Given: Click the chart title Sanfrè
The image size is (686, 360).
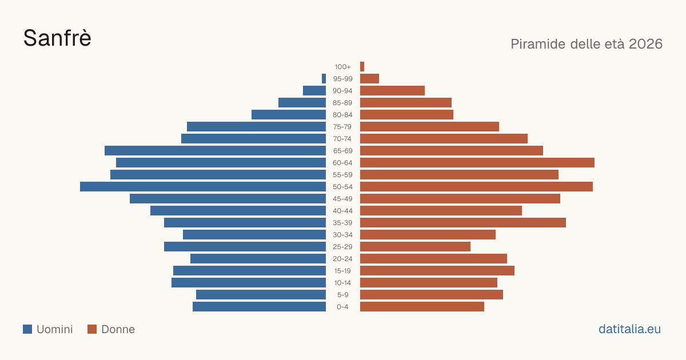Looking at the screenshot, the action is pyautogui.click(x=57, y=38).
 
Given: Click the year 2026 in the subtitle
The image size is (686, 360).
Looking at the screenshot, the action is pyautogui.click(x=645, y=44).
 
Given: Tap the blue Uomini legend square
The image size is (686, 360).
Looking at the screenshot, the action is pyautogui.click(x=27, y=329).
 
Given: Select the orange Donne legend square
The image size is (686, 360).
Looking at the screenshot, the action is pyautogui.click(x=92, y=329).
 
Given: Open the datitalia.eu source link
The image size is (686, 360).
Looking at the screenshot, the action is pyautogui.click(x=629, y=329).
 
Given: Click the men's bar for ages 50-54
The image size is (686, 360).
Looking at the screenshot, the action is pyautogui.click(x=203, y=187).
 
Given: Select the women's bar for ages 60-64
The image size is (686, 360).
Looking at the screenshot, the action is pyautogui.click(x=477, y=162).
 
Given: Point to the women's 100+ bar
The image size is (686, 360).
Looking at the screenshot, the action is pyautogui.click(x=362, y=67).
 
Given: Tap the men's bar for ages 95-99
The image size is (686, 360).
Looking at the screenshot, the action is pyautogui.click(x=324, y=79).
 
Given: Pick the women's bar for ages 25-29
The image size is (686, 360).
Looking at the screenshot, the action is pyautogui.click(x=415, y=247).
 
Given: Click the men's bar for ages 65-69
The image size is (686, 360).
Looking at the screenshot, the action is pyautogui.click(x=216, y=151).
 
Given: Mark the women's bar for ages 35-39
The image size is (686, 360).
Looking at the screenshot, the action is pyautogui.click(x=463, y=222).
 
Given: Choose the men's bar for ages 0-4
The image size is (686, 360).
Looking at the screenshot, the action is pyautogui.click(x=259, y=307).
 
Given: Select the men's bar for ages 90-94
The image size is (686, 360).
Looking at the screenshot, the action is pyautogui.click(x=314, y=91).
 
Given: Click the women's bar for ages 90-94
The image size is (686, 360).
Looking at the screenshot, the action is pyautogui.click(x=392, y=91).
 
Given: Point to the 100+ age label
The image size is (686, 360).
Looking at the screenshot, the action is pyautogui.click(x=342, y=67).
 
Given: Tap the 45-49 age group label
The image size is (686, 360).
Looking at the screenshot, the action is pyautogui.click(x=342, y=199).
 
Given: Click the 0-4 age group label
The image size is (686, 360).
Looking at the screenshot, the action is pyautogui.click(x=342, y=307).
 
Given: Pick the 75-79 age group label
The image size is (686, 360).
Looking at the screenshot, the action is pyautogui.click(x=342, y=127).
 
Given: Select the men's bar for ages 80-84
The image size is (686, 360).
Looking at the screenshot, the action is pyautogui.click(x=289, y=115).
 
